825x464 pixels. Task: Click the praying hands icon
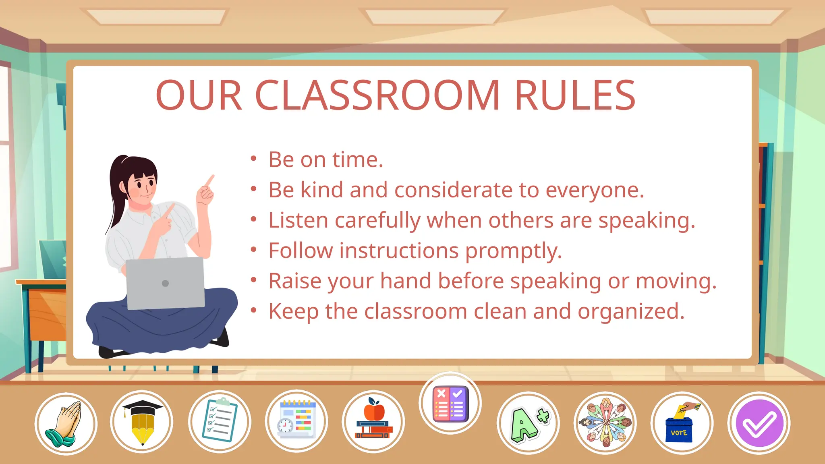click(66, 423)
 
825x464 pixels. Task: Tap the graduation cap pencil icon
click(142, 422)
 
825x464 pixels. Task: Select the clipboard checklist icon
click(220, 421)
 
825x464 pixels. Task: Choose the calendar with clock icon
click(296, 421)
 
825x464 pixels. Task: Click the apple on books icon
click(373, 421)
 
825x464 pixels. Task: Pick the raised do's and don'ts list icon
click(450, 403)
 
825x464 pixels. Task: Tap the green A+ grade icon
click(528, 423)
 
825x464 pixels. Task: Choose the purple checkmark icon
click(759, 423)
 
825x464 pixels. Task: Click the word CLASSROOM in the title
click(377, 95)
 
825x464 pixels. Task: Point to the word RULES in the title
click(575, 95)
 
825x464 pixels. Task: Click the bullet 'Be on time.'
click(325, 159)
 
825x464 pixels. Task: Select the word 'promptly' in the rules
click(513, 251)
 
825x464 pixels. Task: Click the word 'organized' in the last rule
click(631, 312)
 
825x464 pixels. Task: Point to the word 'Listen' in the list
click(298, 221)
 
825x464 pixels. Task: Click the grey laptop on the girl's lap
click(165, 283)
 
